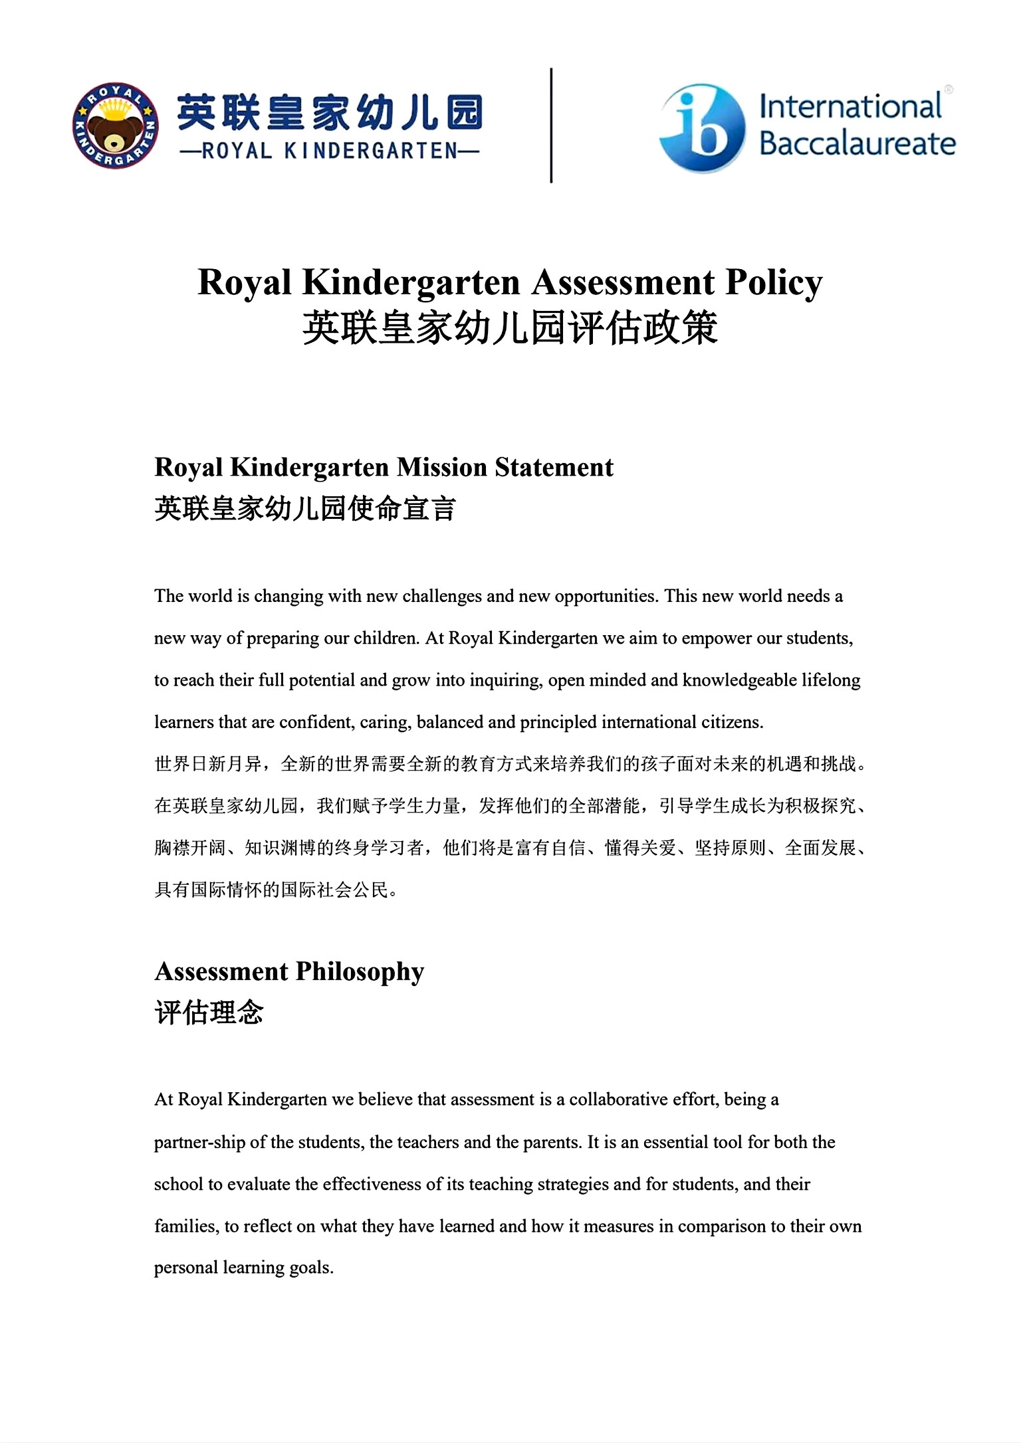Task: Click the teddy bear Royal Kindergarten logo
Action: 115,126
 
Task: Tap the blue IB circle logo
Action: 702,128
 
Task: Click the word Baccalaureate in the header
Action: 857,144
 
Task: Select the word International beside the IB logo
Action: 850,107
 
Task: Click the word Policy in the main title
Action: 774,282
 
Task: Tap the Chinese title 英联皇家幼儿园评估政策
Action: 510,328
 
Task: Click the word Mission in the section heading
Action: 442,467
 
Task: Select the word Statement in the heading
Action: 554,467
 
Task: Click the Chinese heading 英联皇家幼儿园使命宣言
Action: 305,509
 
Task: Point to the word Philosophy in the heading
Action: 360,971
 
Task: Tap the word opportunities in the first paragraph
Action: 606,596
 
